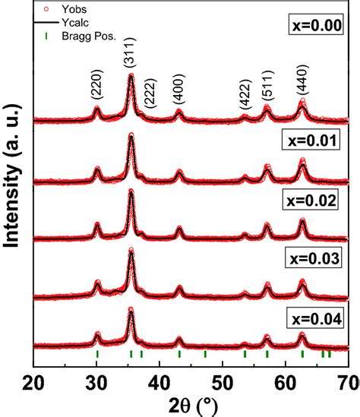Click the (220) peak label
(x=98, y=90)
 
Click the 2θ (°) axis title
(x=191, y=404)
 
